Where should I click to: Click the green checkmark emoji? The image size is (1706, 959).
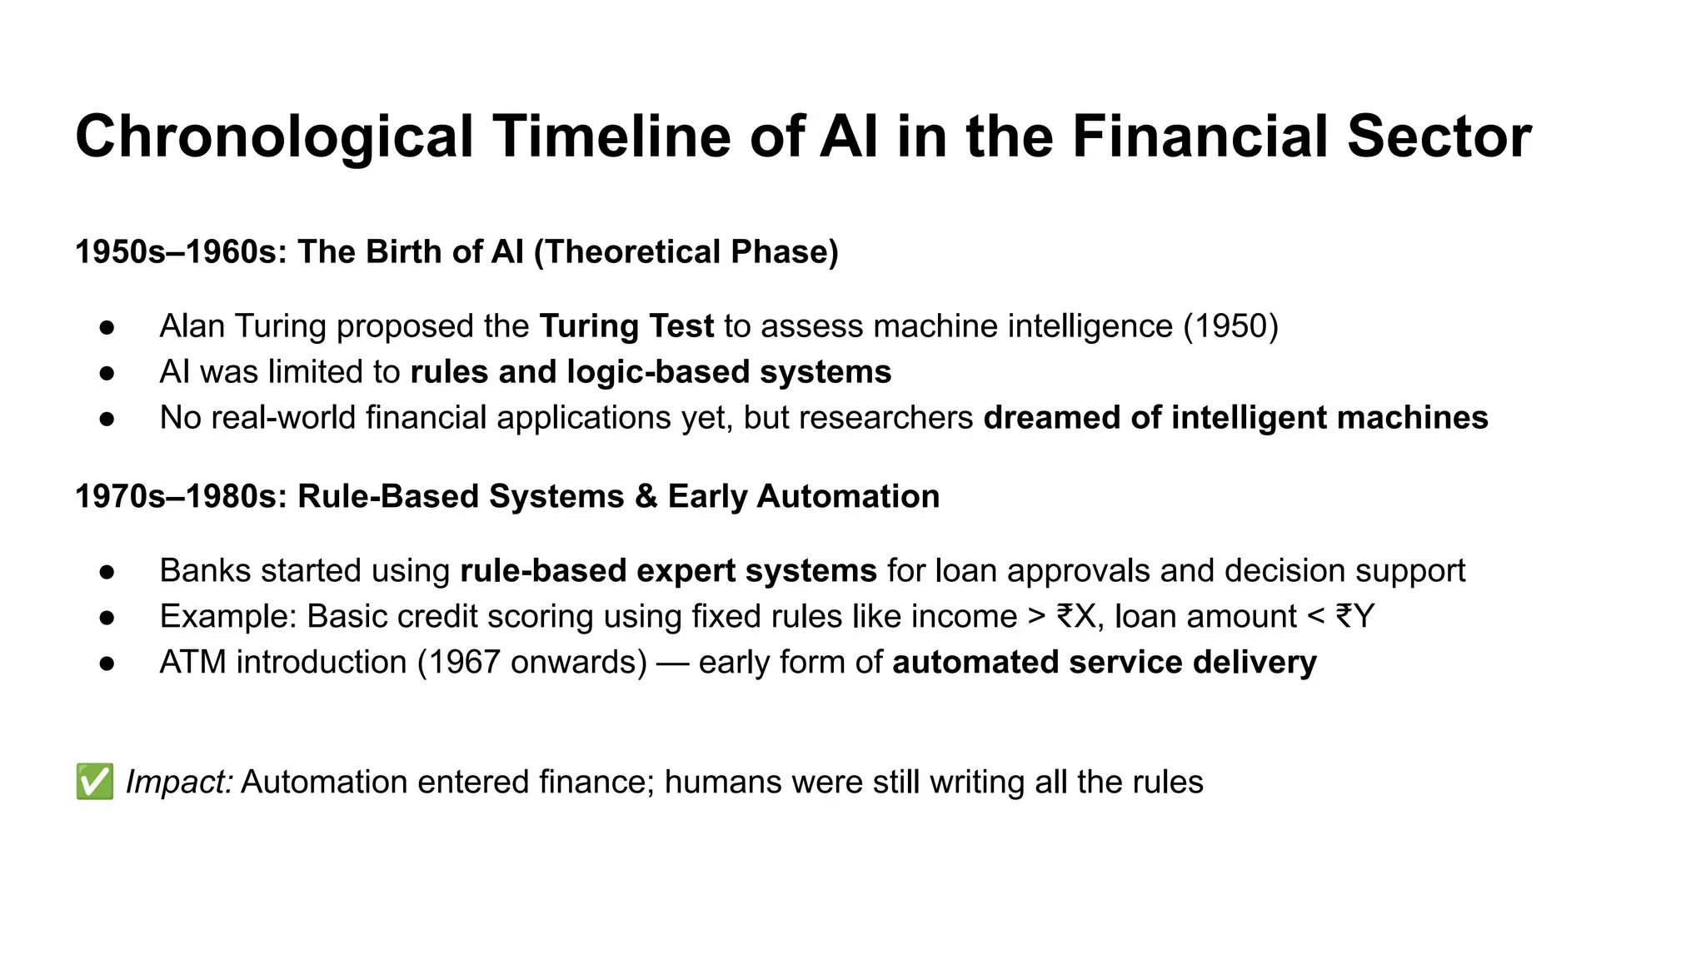pyautogui.click(x=95, y=782)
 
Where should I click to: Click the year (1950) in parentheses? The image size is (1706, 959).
pyautogui.click(x=1231, y=325)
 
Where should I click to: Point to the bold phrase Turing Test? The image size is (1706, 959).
pyautogui.click(x=626, y=325)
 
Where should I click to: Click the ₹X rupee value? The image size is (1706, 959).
pyautogui.click(x=1075, y=616)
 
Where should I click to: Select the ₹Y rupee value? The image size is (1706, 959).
pyautogui.click(x=1354, y=616)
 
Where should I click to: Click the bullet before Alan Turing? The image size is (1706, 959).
pyautogui.click(x=107, y=327)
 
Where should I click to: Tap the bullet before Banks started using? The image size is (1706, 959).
pyautogui.click(x=107, y=572)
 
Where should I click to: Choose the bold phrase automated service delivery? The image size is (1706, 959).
pyautogui.click(x=1105, y=662)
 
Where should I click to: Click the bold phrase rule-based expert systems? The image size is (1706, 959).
pyautogui.click(x=668, y=570)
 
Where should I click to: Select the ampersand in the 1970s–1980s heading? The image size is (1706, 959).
pyautogui.click(x=646, y=496)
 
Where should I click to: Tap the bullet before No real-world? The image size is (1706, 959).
pyautogui.click(x=107, y=419)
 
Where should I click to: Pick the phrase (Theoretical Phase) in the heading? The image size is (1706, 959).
pyautogui.click(x=686, y=251)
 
